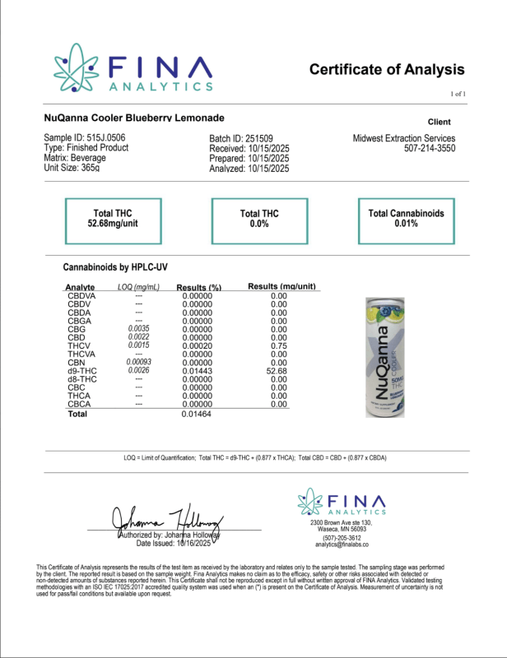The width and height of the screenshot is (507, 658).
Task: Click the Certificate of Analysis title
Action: (x=387, y=70)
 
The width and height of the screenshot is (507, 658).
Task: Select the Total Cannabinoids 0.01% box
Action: (x=406, y=219)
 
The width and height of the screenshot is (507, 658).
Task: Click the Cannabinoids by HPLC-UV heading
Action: (x=115, y=268)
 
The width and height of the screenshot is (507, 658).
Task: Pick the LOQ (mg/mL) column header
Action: (x=138, y=287)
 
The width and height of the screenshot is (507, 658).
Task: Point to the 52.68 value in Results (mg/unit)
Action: (x=278, y=372)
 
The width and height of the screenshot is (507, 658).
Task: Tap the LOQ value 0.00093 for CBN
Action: (x=138, y=363)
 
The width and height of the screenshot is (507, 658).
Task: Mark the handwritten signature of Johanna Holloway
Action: (x=165, y=517)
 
